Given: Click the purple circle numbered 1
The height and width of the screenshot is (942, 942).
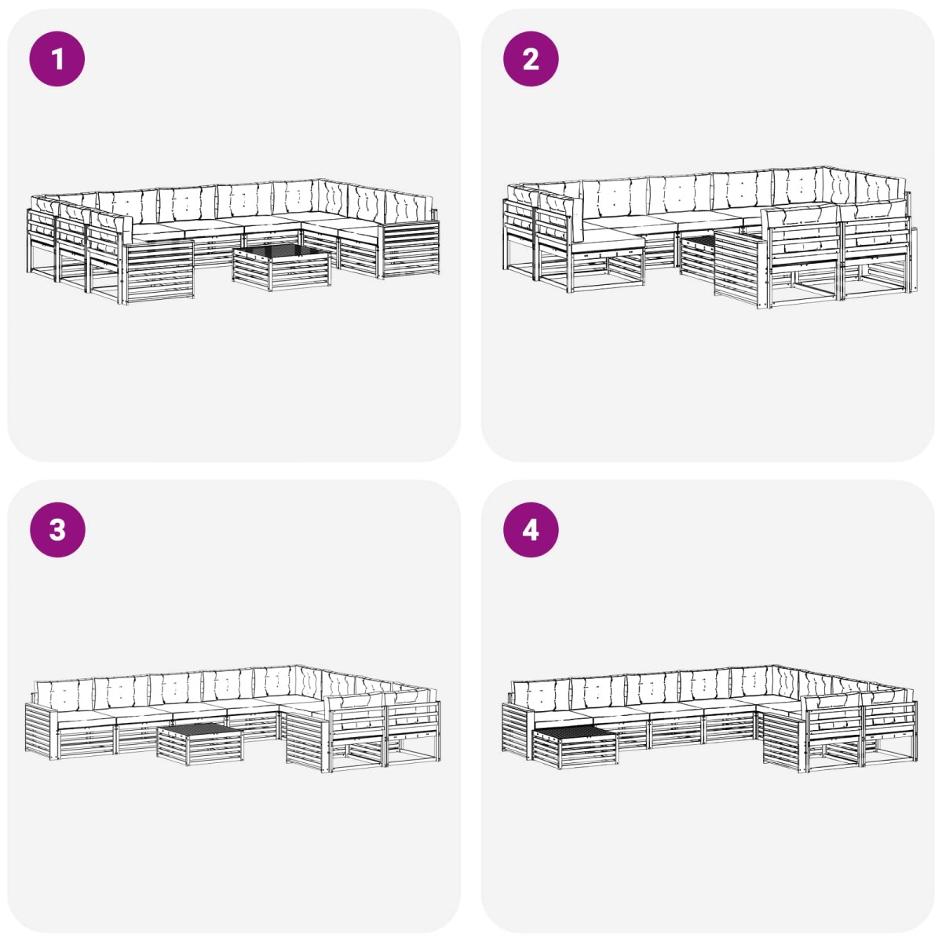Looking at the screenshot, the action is point(57,59).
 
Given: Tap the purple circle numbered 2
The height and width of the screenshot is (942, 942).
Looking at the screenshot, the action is point(531,59).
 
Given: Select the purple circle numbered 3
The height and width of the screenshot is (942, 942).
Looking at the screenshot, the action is point(57,530).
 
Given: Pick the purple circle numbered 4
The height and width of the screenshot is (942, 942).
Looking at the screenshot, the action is point(531,530).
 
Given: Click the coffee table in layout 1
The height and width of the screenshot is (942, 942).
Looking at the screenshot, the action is point(282,268).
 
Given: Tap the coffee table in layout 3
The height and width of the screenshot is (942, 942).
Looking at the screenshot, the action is point(200,744).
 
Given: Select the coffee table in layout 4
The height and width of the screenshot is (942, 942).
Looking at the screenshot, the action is point(575,747).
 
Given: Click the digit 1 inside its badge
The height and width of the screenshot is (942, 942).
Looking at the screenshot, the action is point(57,59).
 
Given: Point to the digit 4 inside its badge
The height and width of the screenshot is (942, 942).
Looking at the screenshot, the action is point(531,531).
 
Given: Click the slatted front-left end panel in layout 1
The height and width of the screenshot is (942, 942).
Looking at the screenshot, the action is point(158,272).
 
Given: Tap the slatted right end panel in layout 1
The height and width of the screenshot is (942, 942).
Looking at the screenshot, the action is point(410,250).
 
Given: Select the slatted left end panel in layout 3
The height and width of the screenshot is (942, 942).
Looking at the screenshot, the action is point(40,732).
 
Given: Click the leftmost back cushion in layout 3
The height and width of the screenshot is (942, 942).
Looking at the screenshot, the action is point(64,695).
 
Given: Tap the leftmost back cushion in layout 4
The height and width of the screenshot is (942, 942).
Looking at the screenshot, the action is point(541,694).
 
